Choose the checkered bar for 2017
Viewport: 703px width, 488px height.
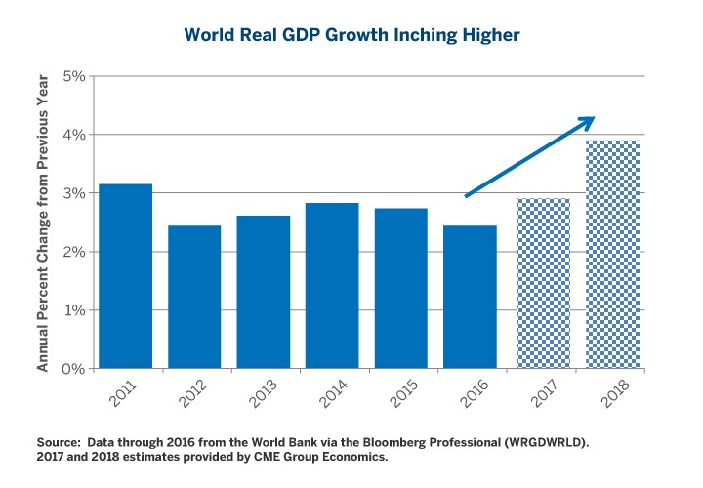[537, 283]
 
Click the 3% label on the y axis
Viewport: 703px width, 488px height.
[73, 193]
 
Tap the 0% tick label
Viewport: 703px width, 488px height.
[73, 369]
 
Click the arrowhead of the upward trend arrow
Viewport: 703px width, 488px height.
[587, 121]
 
